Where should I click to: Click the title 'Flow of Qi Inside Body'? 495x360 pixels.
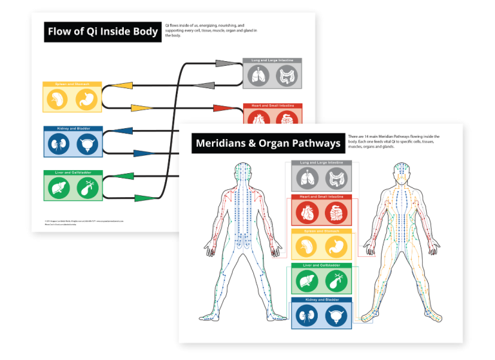pos(102,32)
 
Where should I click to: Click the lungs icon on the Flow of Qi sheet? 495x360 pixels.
pos(258,76)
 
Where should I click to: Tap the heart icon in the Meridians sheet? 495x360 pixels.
pos(307,212)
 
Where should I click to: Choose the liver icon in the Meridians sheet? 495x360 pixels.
pos(307,281)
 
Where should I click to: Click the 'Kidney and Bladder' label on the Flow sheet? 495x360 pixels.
pos(72,129)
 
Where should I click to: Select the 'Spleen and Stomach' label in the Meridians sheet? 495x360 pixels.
pos(320,231)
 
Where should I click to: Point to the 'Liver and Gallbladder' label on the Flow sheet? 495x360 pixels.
pos(72,173)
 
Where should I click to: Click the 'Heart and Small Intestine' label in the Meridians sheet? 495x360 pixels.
pos(320,196)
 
